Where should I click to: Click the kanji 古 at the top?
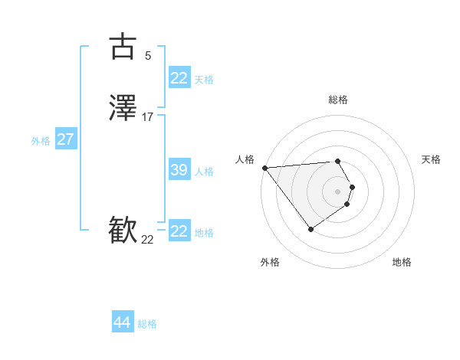[x=123, y=47]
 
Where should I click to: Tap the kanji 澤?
[x=123, y=110]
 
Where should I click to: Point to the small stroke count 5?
[x=148, y=55]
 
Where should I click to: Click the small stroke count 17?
[x=148, y=117]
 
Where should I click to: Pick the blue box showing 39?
[x=179, y=170]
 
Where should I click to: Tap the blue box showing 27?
[x=65, y=139]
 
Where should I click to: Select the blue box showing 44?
[x=123, y=322]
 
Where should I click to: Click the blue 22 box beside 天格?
[x=179, y=78]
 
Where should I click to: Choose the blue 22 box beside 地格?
[x=179, y=231]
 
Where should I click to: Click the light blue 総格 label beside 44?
[x=147, y=324]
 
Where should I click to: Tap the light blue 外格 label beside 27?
[x=41, y=141]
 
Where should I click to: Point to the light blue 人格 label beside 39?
[x=204, y=172]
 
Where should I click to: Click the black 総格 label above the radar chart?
[x=338, y=100]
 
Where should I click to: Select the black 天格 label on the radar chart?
[x=431, y=159]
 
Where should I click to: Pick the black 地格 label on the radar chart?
[x=402, y=262]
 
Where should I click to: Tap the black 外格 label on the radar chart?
[x=270, y=262]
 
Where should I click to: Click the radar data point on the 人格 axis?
[x=264, y=168]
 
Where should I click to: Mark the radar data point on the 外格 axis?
[x=310, y=229]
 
